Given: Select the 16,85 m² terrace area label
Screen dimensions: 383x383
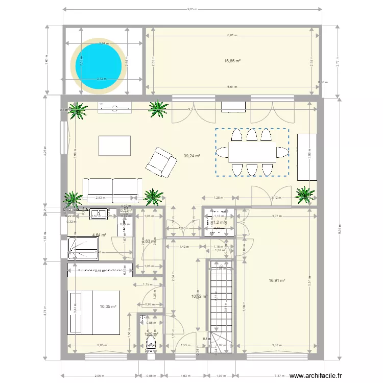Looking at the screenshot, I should click(232, 61).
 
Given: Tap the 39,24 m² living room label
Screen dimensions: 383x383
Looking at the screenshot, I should click(192, 157).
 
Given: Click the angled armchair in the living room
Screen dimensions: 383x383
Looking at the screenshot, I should click(161, 161).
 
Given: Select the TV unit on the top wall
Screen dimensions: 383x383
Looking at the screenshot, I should click(115, 107).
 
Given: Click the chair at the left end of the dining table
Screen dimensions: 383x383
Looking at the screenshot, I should click(223, 152).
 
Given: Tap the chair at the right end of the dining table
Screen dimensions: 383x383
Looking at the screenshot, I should click(282, 152).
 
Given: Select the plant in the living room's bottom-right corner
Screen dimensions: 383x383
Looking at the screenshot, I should click(305, 195).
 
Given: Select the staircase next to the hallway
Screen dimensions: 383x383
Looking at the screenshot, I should click(222, 301).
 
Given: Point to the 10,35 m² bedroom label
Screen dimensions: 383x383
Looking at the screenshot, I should click(108, 306).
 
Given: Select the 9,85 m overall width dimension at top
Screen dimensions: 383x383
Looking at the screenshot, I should click(192, 9).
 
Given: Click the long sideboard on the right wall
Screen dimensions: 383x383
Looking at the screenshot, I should click(307, 157).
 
